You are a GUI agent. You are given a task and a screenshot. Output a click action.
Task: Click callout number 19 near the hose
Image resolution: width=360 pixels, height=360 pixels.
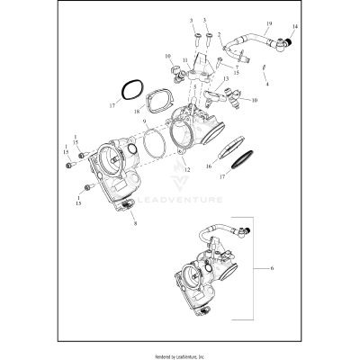[x=245, y=21]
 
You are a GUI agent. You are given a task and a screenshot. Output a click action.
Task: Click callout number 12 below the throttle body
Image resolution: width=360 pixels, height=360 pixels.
[x=186, y=170]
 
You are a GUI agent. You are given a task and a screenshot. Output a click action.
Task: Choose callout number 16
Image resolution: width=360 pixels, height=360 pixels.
[x=209, y=167]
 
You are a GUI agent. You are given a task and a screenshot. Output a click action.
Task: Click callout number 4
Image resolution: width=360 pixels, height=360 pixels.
[x=267, y=83]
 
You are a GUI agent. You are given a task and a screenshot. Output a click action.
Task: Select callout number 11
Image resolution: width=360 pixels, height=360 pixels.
[x=184, y=61]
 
